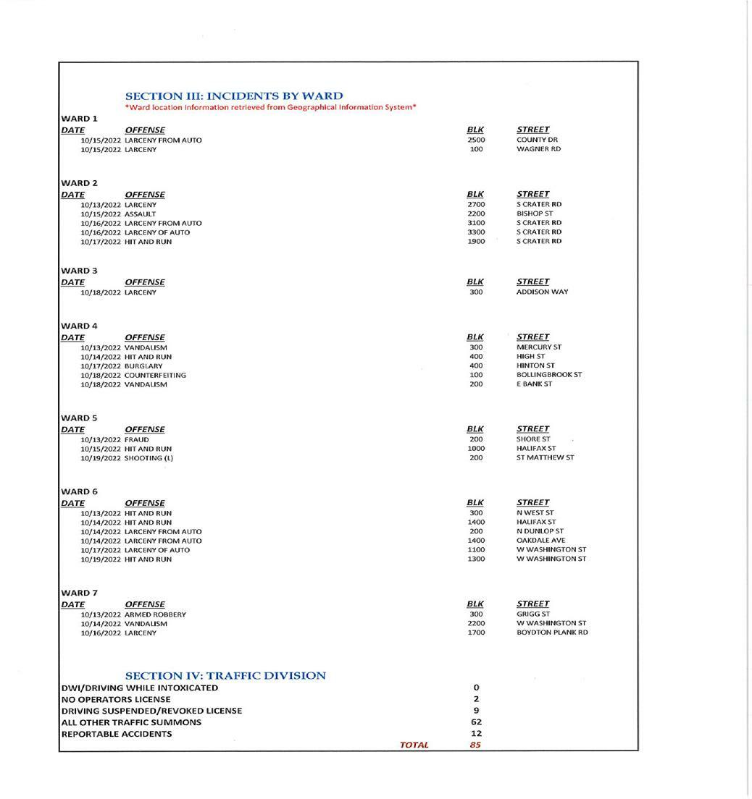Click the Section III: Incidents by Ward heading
click(234, 96)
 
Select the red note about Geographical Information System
click(270, 107)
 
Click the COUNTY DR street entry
click(537, 140)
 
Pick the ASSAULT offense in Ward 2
click(140, 214)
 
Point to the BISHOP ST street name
click(535, 214)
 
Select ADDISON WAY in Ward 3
click(542, 292)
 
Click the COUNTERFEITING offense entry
click(155, 375)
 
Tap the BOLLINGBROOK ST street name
click(548, 375)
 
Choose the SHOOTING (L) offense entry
click(149, 458)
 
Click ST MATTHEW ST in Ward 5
click(545, 457)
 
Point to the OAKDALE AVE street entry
click(540, 540)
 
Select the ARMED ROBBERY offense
click(155, 614)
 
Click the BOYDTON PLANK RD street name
click(552, 633)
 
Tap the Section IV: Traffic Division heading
click(225, 675)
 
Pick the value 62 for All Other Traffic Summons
click(476, 722)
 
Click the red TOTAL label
click(414, 745)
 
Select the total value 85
click(475, 745)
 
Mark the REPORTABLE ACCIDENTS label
click(117, 734)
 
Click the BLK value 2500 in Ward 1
click(476, 140)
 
